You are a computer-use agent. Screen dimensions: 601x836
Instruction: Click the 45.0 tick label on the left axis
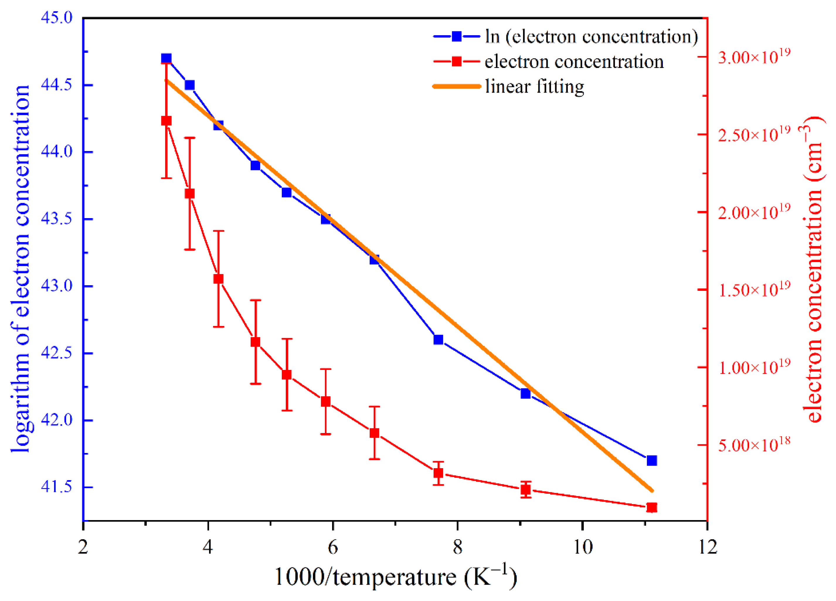click(x=56, y=18)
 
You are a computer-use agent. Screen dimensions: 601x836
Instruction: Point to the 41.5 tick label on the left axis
click(x=56, y=487)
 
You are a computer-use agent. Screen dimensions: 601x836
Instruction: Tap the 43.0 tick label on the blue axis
click(x=56, y=286)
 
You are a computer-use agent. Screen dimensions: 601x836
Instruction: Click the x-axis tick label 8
click(x=458, y=546)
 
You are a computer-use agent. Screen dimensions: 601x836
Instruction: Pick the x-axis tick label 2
click(x=83, y=546)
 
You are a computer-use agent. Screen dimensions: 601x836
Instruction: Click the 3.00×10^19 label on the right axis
click(x=754, y=57)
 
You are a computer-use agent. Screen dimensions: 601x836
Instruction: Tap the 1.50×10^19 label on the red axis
click(x=754, y=289)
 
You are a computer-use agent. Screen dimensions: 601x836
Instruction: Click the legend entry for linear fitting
click(x=534, y=86)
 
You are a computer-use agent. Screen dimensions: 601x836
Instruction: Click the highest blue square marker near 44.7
click(x=166, y=58)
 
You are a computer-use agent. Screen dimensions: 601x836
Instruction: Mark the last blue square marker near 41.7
click(x=652, y=461)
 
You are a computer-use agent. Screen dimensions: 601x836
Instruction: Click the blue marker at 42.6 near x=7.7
click(x=438, y=339)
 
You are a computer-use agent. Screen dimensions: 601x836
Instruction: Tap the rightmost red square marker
click(x=652, y=507)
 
